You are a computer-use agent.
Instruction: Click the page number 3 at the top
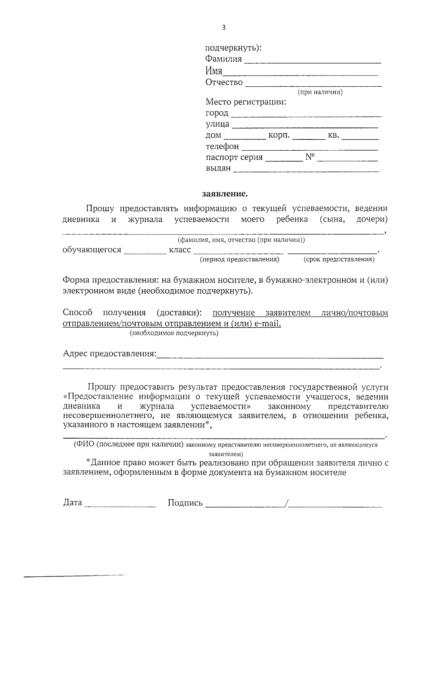click(224, 28)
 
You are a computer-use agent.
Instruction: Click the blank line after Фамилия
click(313, 61)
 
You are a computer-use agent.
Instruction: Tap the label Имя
click(214, 71)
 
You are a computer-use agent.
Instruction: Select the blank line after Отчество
click(313, 85)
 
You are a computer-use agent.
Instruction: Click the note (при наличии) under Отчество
click(320, 92)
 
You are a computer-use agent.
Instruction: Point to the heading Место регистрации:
click(246, 102)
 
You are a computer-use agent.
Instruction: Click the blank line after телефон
click(310, 148)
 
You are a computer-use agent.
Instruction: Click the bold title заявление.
click(225, 194)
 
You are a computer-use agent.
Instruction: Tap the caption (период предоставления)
click(239, 259)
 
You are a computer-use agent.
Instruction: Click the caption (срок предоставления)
click(339, 259)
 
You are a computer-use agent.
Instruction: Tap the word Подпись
click(185, 503)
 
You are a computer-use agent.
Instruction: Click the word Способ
click(77, 312)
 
